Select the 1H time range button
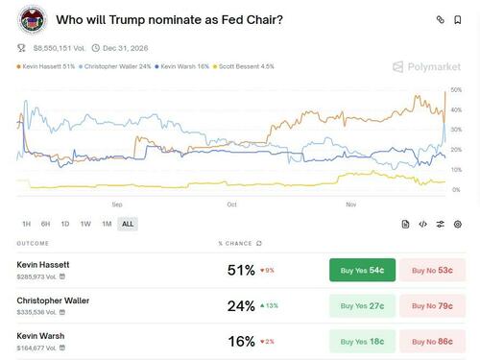[26, 224]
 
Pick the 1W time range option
[85, 224]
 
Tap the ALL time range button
[128, 224]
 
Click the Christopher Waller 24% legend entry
[117, 66]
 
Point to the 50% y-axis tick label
[456, 89]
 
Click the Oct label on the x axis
[231, 204]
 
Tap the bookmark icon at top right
[462, 19]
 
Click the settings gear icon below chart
[458, 224]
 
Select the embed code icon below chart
[422, 224]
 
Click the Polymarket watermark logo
[425, 67]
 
